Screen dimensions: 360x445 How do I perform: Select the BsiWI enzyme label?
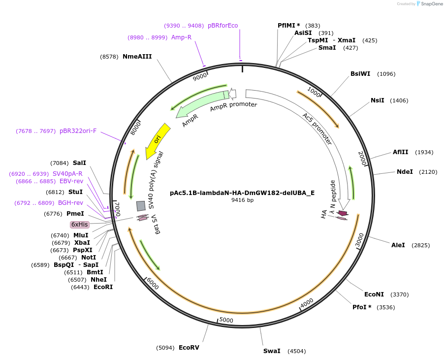(x=360, y=74)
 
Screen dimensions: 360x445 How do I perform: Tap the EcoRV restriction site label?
(x=189, y=348)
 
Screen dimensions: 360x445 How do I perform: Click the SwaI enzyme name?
(x=272, y=351)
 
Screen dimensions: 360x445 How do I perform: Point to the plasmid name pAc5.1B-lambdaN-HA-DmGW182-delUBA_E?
(x=242, y=193)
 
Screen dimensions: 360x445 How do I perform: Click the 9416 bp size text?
(x=242, y=200)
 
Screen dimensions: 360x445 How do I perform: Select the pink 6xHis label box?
(x=80, y=225)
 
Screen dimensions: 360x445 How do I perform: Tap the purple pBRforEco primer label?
(x=222, y=26)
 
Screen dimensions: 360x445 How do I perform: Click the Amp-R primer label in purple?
(x=181, y=37)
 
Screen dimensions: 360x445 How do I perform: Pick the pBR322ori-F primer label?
(x=78, y=131)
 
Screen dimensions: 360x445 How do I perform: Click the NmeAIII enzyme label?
(x=137, y=57)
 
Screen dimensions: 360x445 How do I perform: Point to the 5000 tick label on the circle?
(x=226, y=321)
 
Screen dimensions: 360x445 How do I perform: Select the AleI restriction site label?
(x=398, y=245)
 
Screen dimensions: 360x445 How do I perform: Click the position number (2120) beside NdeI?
(x=428, y=172)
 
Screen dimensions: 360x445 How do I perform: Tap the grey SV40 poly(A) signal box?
(x=141, y=206)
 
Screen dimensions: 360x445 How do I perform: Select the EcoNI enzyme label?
(x=374, y=295)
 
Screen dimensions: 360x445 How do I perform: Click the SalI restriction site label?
(x=79, y=163)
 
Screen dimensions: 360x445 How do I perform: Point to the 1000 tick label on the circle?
(x=314, y=92)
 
